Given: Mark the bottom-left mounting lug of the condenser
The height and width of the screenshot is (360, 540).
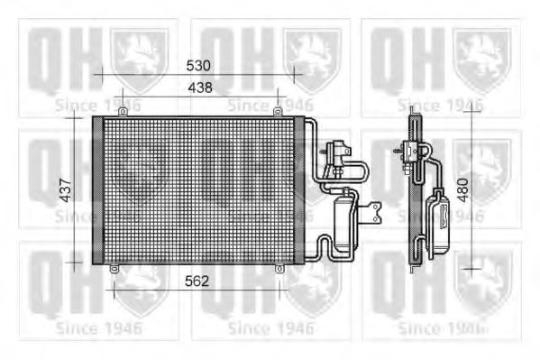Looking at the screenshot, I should click(x=114, y=268).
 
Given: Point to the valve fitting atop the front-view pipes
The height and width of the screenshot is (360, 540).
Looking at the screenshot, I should click(x=342, y=152).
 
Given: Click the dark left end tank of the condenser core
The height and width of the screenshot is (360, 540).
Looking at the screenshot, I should click(x=97, y=189).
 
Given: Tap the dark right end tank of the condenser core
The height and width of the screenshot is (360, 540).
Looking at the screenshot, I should click(x=301, y=189).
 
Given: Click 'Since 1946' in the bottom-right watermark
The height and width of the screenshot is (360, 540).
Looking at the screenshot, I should click(x=447, y=328).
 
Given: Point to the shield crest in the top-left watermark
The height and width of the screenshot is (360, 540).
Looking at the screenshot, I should click(x=139, y=56).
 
